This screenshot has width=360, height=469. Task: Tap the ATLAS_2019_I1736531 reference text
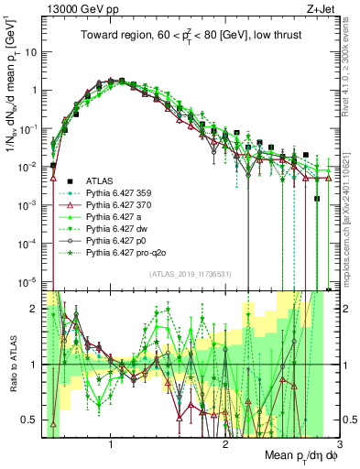[191, 274]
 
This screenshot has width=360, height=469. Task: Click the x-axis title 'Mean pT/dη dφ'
[293, 456]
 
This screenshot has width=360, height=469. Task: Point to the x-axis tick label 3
[339, 442]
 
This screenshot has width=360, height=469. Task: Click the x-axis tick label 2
[225, 442]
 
